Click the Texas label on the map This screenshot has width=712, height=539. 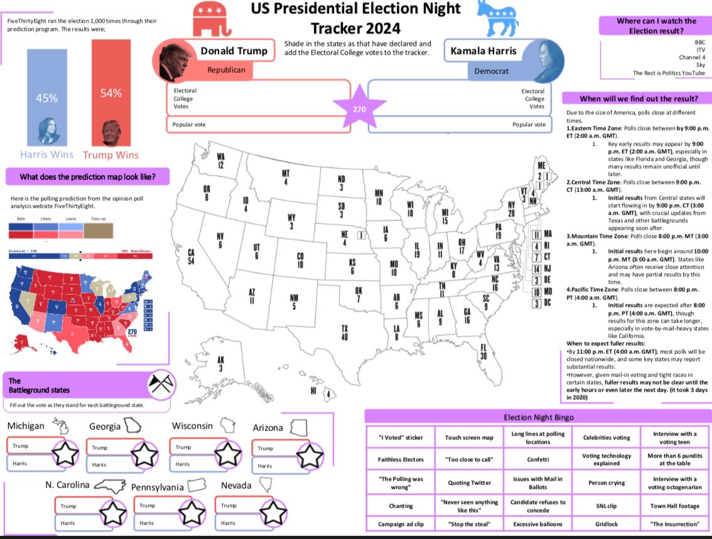344,333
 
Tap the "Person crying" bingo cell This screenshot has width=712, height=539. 606,483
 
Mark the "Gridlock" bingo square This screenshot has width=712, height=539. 606,524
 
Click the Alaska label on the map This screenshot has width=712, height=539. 220,364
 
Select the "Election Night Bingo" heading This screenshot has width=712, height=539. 538,417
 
